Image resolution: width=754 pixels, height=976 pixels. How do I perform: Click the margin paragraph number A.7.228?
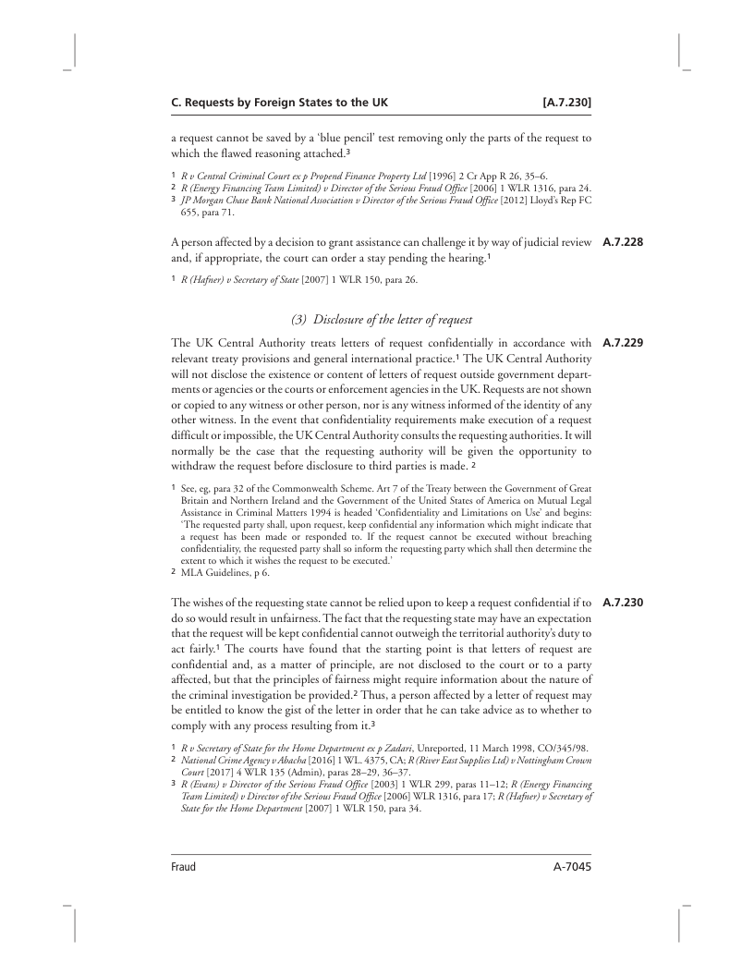(x=621, y=244)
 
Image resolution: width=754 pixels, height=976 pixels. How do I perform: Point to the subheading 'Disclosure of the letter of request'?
(x=382, y=320)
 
